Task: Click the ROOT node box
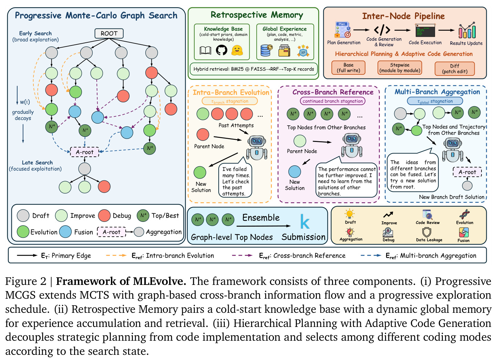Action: click(x=109, y=33)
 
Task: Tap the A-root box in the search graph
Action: click(x=84, y=152)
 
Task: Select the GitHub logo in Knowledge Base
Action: click(x=221, y=50)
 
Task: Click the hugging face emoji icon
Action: click(x=237, y=51)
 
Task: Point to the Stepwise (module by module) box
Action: click(x=400, y=68)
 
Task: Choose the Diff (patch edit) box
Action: click(x=455, y=69)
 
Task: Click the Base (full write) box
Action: click(x=348, y=68)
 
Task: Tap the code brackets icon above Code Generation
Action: click(x=382, y=30)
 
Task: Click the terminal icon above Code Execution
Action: click(x=425, y=30)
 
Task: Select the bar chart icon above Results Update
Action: click(x=467, y=30)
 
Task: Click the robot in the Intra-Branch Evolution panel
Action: click(x=257, y=147)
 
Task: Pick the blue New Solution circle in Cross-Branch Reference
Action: click(x=294, y=172)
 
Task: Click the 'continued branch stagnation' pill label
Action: click(x=333, y=101)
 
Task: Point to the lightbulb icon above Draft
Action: click(x=349, y=214)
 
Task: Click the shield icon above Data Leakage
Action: click(x=427, y=232)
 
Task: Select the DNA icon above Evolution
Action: click(x=464, y=214)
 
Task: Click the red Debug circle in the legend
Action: click(x=104, y=216)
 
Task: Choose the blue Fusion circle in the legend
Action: click(x=65, y=232)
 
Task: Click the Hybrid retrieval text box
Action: click(x=253, y=69)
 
